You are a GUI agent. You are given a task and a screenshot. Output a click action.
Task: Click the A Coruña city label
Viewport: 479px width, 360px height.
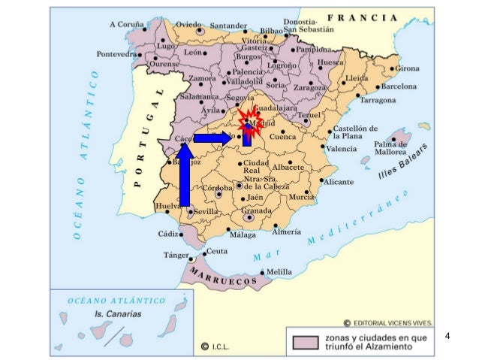[131, 24]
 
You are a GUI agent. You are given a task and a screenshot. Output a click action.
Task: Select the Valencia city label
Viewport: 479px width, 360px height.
[341, 150]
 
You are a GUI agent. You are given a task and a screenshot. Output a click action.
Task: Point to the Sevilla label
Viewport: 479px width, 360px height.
[206, 213]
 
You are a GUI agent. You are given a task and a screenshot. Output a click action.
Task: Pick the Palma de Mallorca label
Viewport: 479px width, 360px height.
[390, 148]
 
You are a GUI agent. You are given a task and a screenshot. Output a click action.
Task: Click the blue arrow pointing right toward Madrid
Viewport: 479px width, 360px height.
[212, 138]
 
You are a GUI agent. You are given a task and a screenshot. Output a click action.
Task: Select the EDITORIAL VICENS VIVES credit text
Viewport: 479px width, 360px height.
[392, 323]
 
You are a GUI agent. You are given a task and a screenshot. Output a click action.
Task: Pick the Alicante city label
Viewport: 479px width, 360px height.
[339, 182]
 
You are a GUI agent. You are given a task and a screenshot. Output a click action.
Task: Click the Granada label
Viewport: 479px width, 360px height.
[258, 212]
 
